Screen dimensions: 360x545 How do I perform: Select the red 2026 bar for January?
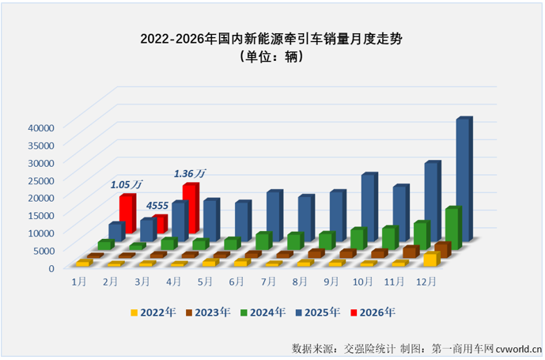point(127,214)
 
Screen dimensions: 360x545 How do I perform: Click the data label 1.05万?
point(127,184)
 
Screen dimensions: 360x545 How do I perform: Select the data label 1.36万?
point(190,172)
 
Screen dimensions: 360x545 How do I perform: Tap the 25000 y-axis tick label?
point(39,180)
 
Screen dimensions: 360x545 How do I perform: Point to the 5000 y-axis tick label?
point(42,250)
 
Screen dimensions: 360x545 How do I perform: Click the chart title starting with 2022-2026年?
point(272,37)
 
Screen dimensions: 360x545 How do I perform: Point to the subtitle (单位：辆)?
point(272,57)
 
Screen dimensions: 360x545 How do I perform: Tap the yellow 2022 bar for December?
point(430,260)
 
